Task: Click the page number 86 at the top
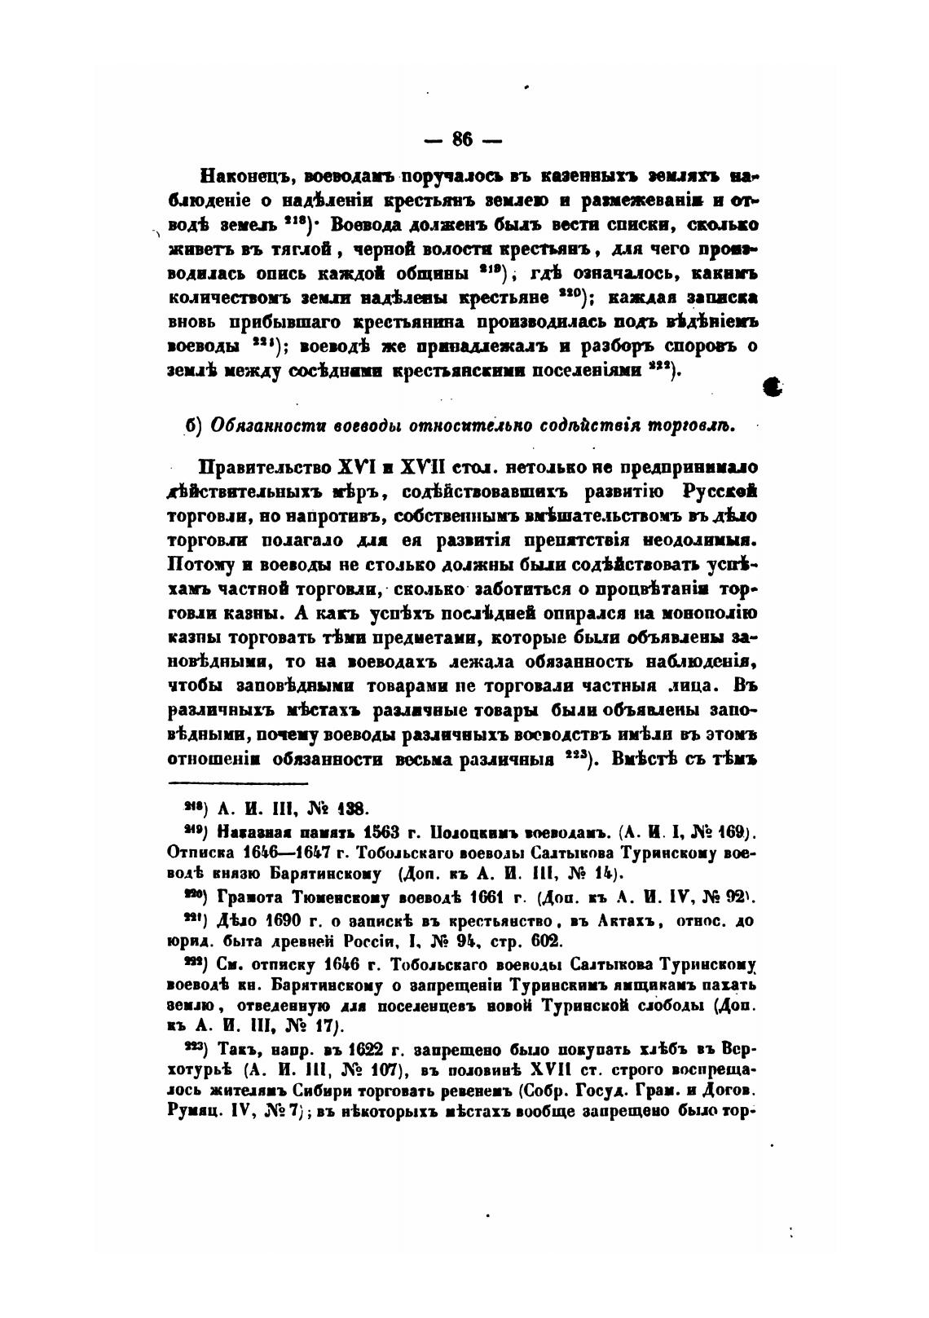point(463,139)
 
